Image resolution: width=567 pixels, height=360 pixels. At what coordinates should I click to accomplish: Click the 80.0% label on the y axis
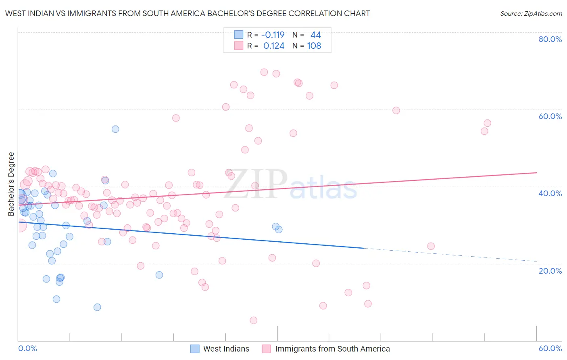[550, 39]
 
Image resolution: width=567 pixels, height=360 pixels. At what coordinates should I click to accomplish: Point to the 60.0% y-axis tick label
[550, 116]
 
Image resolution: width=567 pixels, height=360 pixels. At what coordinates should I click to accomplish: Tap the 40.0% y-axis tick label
[550, 193]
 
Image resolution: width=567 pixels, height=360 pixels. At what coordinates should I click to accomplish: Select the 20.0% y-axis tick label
[550, 270]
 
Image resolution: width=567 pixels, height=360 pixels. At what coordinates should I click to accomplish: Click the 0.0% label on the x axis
[27, 348]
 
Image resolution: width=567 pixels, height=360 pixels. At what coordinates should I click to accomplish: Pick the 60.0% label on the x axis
[550, 348]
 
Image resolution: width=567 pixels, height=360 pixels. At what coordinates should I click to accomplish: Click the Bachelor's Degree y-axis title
[11, 184]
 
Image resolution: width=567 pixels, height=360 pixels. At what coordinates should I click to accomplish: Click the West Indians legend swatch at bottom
[195, 349]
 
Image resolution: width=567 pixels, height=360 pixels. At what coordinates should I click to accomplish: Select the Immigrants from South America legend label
[332, 349]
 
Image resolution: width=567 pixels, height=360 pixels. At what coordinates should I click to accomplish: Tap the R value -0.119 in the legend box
[273, 35]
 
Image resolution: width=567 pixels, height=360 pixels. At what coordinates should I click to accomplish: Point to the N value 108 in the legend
[314, 46]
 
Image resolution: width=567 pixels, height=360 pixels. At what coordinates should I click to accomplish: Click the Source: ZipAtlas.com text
[531, 14]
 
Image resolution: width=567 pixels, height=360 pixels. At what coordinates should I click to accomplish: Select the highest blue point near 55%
[115, 129]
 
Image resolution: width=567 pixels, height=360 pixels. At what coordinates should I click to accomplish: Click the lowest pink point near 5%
[253, 320]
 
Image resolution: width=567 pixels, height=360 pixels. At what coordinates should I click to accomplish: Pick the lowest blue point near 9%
[97, 307]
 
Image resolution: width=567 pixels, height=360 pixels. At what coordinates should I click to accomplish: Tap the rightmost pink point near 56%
[487, 123]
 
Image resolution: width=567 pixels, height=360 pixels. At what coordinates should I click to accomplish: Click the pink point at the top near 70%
[264, 72]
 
